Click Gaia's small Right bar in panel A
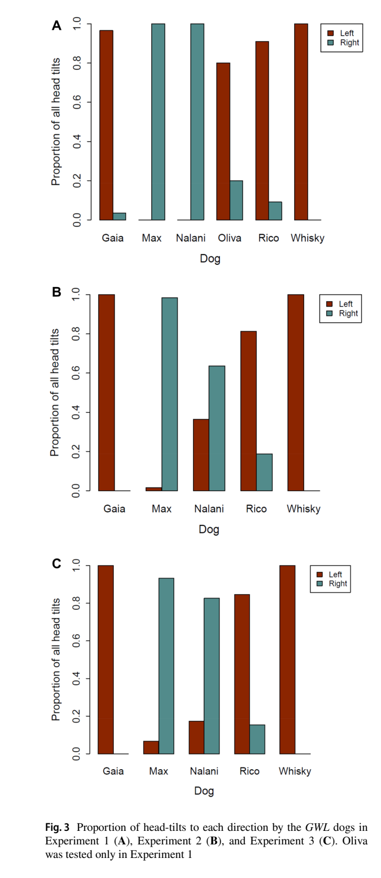click(119, 217)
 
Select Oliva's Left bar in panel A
click(223, 141)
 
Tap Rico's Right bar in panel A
click(275, 211)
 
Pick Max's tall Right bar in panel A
click(158, 122)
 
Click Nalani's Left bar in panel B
click(201, 455)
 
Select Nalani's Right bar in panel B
click(217, 428)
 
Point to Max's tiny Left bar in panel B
click(154, 489)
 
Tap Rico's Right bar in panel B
click(264, 472)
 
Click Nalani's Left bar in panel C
click(196, 737)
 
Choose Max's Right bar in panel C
click(166, 666)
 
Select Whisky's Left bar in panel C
click(287, 660)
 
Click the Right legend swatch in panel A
click(331, 43)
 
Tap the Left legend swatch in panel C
click(319, 575)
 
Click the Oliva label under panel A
click(230, 238)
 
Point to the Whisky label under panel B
click(303, 509)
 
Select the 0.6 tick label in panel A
click(77, 102)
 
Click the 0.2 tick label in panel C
click(77, 716)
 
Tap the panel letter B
click(56, 292)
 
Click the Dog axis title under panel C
click(204, 791)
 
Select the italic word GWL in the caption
click(317, 828)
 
